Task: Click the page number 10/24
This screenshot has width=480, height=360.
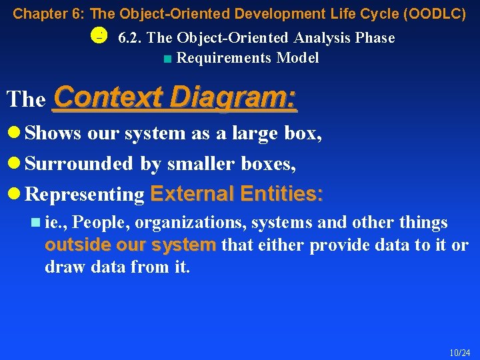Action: tap(459, 352)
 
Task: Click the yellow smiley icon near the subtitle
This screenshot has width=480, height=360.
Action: tap(98, 36)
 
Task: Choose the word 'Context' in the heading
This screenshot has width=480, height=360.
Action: tap(108, 98)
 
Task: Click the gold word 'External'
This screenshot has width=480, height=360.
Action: tap(193, 194)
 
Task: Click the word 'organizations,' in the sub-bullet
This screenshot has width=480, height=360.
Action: tap(177, 223)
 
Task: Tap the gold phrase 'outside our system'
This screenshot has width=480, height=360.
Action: tap(131, 245)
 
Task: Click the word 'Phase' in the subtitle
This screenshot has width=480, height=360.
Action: tap(375, 39)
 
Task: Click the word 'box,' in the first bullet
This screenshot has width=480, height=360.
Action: tap(303, 133)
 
